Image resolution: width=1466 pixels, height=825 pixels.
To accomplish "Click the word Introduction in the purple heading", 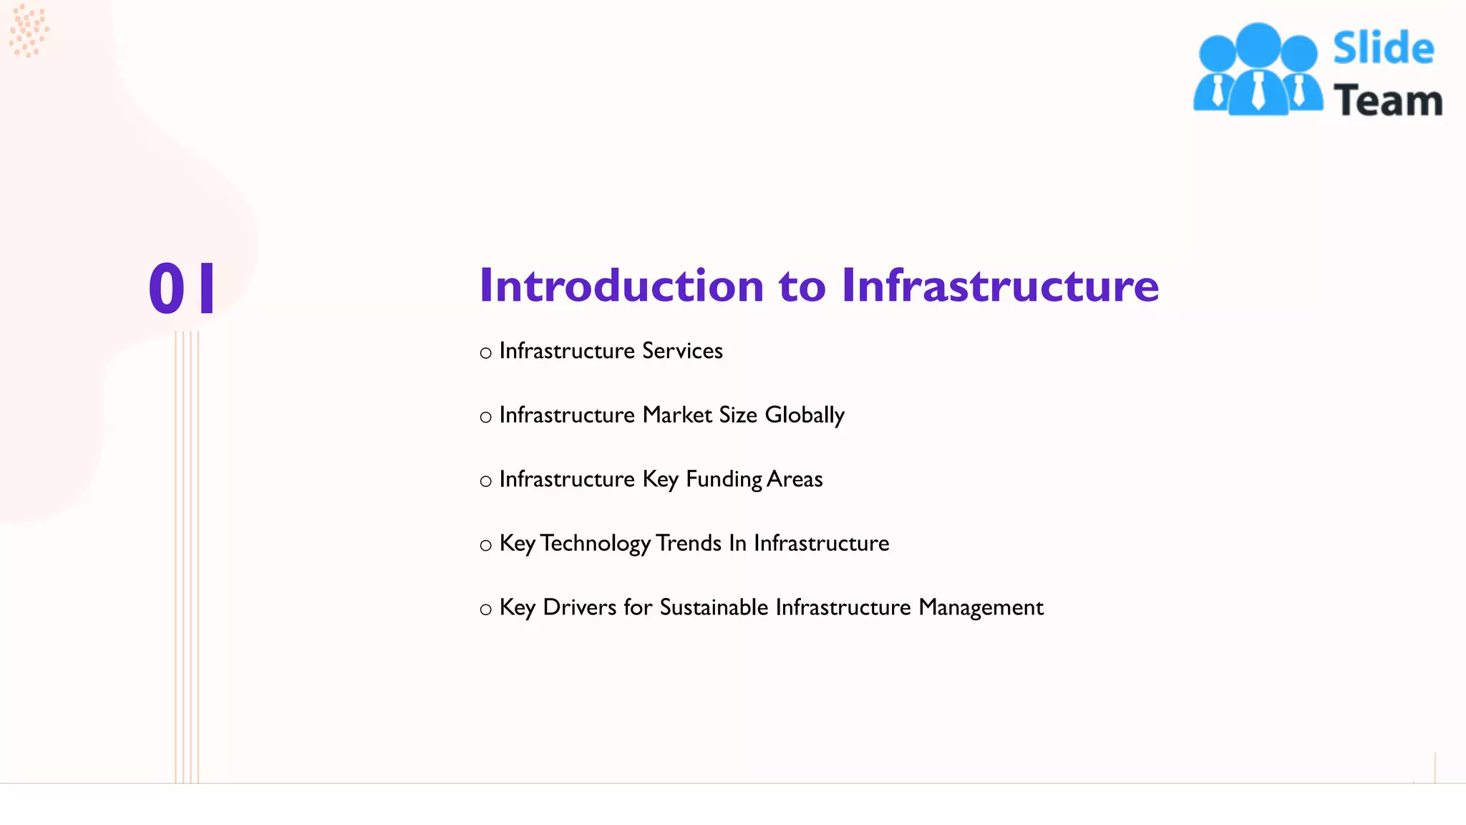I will (621, 286).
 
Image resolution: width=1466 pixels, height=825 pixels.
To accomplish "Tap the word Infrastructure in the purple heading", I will (999, 286).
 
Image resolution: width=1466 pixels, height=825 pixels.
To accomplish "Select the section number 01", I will (182, 288).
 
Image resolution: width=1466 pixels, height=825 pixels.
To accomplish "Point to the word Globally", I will (805, 415).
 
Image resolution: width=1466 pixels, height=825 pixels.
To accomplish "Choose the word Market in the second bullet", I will (676, 415).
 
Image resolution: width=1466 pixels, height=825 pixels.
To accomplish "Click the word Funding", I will (724, 479).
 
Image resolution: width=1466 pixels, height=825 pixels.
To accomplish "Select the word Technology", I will (595, 544).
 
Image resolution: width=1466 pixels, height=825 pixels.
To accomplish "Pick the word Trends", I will (688, 544).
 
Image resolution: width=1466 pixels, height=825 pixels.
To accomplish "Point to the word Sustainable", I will (714, 607).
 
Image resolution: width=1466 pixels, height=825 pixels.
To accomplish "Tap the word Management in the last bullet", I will (981, 607).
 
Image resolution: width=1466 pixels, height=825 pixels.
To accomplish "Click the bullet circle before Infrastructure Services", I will (485, 353).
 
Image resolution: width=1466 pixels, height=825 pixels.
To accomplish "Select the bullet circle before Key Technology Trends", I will (485, 546).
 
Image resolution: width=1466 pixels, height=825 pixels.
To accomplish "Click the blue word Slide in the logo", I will (1383, 49).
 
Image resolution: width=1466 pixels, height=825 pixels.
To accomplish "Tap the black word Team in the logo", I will (1387, 100).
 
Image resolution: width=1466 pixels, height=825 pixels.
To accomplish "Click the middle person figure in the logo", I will (1258, 69).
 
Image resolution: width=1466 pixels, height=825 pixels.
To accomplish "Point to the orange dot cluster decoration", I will (29, 30).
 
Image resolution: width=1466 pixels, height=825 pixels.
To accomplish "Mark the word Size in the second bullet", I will (738, 415).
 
